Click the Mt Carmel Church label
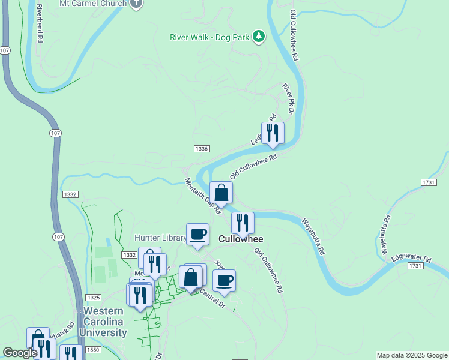tap(93, 4)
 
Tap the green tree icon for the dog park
tap(259, 37)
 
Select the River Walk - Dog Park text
tap(209, 37)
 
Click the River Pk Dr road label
tap(289, 98)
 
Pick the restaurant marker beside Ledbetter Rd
tap(273, 133)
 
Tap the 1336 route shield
tap(202, 149)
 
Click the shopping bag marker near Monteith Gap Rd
tap(221, 193)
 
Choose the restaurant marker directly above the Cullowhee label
tap(243, 223)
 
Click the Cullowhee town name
tap(241, 239)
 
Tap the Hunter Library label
tap(160, 238)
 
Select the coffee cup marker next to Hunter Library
tap(197, 234)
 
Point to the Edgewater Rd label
tap(411, 259)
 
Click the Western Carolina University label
tap(105, 322)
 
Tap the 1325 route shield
tap(93, 298)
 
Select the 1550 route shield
tap(93, 350)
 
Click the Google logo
tap(20, 353)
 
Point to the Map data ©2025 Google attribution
tap(412, 355)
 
